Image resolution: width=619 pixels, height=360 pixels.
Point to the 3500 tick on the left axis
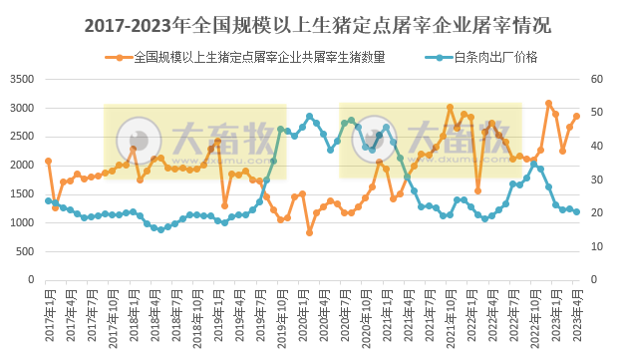coord(22,79)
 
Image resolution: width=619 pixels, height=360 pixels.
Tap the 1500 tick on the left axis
coord(22,193)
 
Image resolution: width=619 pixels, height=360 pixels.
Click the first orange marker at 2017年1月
coord(48,161)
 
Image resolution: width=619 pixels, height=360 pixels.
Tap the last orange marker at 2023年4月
coord(577,117)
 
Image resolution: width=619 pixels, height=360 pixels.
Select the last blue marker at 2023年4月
coord(577,211)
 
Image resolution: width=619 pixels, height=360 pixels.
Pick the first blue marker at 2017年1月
coord(48,200)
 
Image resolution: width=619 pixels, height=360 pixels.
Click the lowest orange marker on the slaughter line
coord(309,232)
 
